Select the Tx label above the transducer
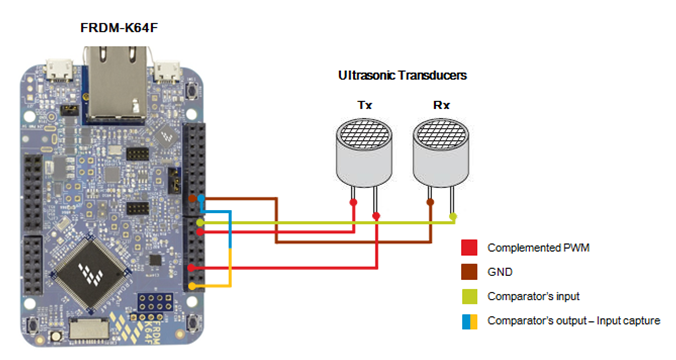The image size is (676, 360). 364,104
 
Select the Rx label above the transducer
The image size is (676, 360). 440,104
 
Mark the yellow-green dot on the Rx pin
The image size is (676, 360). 453,215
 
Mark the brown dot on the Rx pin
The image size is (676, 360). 430,201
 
